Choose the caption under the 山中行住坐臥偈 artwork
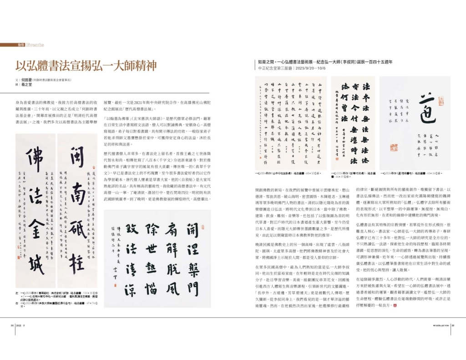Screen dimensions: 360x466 coord(289,173)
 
